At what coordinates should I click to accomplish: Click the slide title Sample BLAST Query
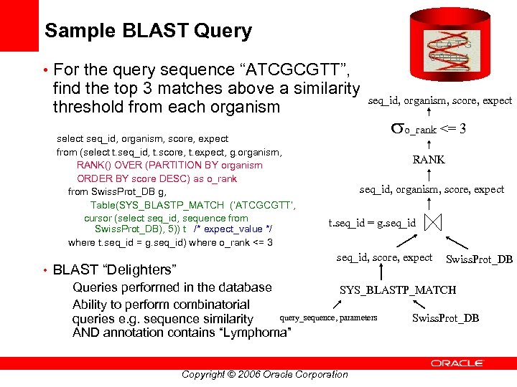pos(148,31)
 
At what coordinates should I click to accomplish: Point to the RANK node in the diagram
pos(428,160)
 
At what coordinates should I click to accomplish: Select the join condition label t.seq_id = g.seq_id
pos(371,223)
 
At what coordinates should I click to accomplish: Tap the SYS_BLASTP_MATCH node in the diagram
pos(397,290)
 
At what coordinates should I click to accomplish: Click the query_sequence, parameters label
pos(328,317)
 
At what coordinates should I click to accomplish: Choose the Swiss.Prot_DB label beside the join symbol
pos(479,259)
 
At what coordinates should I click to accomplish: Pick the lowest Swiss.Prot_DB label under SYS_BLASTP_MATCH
pos(445,318)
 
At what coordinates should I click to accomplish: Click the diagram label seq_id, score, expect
pos(384,257)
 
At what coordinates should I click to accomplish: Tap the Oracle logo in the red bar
pos(460,363)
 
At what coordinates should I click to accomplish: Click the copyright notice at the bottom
pos(264,374)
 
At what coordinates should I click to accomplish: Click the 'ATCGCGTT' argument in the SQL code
pos(266,206)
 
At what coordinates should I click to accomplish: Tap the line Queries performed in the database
pos(172,287)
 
